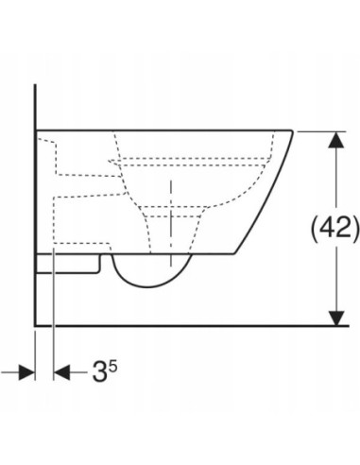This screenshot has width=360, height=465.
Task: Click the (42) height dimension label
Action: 334,228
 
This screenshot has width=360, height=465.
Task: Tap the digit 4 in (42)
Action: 328,227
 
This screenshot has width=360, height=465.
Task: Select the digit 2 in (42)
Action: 344,227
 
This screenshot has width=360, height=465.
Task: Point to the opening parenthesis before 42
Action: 315,229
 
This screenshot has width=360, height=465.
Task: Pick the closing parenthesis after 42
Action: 355,229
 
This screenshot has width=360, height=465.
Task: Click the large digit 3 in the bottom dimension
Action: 99,371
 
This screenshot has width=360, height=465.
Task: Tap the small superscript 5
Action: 113,366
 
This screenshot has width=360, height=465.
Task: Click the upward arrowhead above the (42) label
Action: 336,140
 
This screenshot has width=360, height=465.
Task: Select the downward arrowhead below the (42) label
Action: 336,318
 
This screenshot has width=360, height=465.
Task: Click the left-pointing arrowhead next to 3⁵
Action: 61,372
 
